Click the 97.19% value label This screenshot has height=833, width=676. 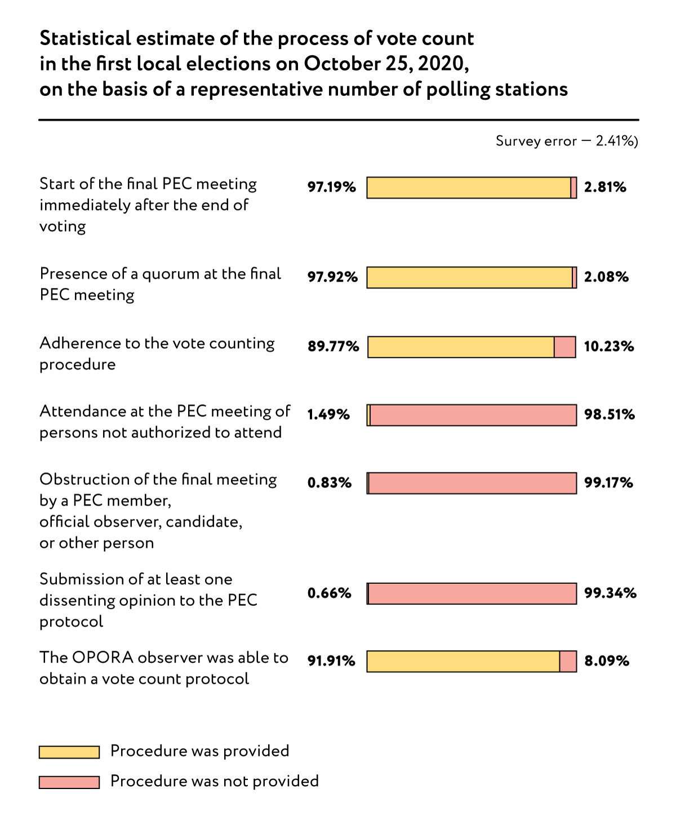tap(331, 187)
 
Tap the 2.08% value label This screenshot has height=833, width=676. tap(606, 277)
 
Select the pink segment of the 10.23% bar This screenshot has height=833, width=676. tap(565, 347)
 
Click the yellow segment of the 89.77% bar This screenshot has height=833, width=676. tap(461, 347)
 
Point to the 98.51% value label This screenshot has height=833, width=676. tap(609, 415)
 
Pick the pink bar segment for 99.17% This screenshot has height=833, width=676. tap(472, 483)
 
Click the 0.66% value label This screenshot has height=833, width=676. tap(329, 593)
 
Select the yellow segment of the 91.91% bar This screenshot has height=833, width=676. tap(463, 661)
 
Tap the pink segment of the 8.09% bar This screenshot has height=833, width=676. tap(568, 661)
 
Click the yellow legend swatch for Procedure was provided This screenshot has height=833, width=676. tap(69, 752)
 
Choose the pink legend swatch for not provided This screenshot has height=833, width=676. tap(69, 782)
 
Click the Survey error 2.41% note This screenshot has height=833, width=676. tap(566, 141)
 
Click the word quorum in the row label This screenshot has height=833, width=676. tap(171, 274)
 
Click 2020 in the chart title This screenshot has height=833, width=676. tap(441, 64)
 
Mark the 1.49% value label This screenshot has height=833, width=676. tap(328, 415)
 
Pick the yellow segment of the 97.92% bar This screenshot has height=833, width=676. tap(469, 277)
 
